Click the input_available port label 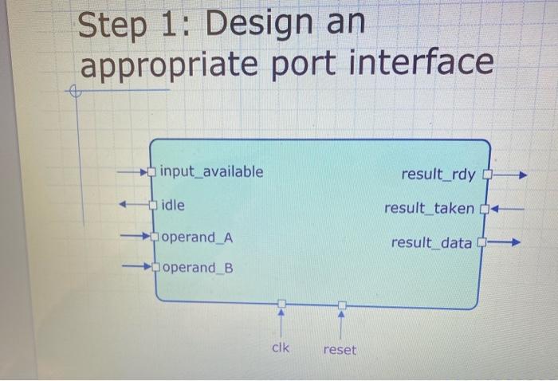[x=211, y=171]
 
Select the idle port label [x=173, y=205]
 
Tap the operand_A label [x=197, y=238]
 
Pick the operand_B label [x=198, y=267]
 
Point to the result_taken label [x=429, y=208]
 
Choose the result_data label [x=431, y=242]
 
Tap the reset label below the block [x=340, y=350]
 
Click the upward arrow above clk [x=281, y=321]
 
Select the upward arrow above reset [x=341, y=323]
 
